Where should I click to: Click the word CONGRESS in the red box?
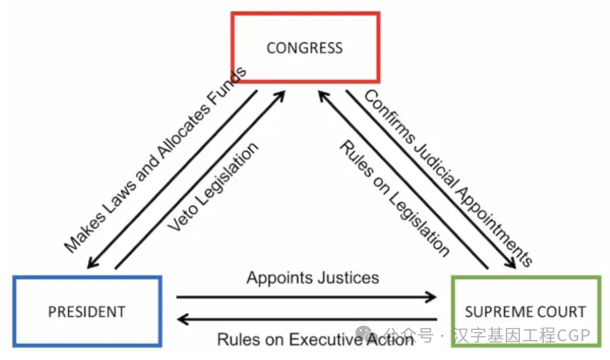(x=304, y=48)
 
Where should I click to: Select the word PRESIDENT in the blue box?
(x=87, y=311)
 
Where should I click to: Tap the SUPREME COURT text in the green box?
(x=525, y=311)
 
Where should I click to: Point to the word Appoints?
(x=274, y=277)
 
